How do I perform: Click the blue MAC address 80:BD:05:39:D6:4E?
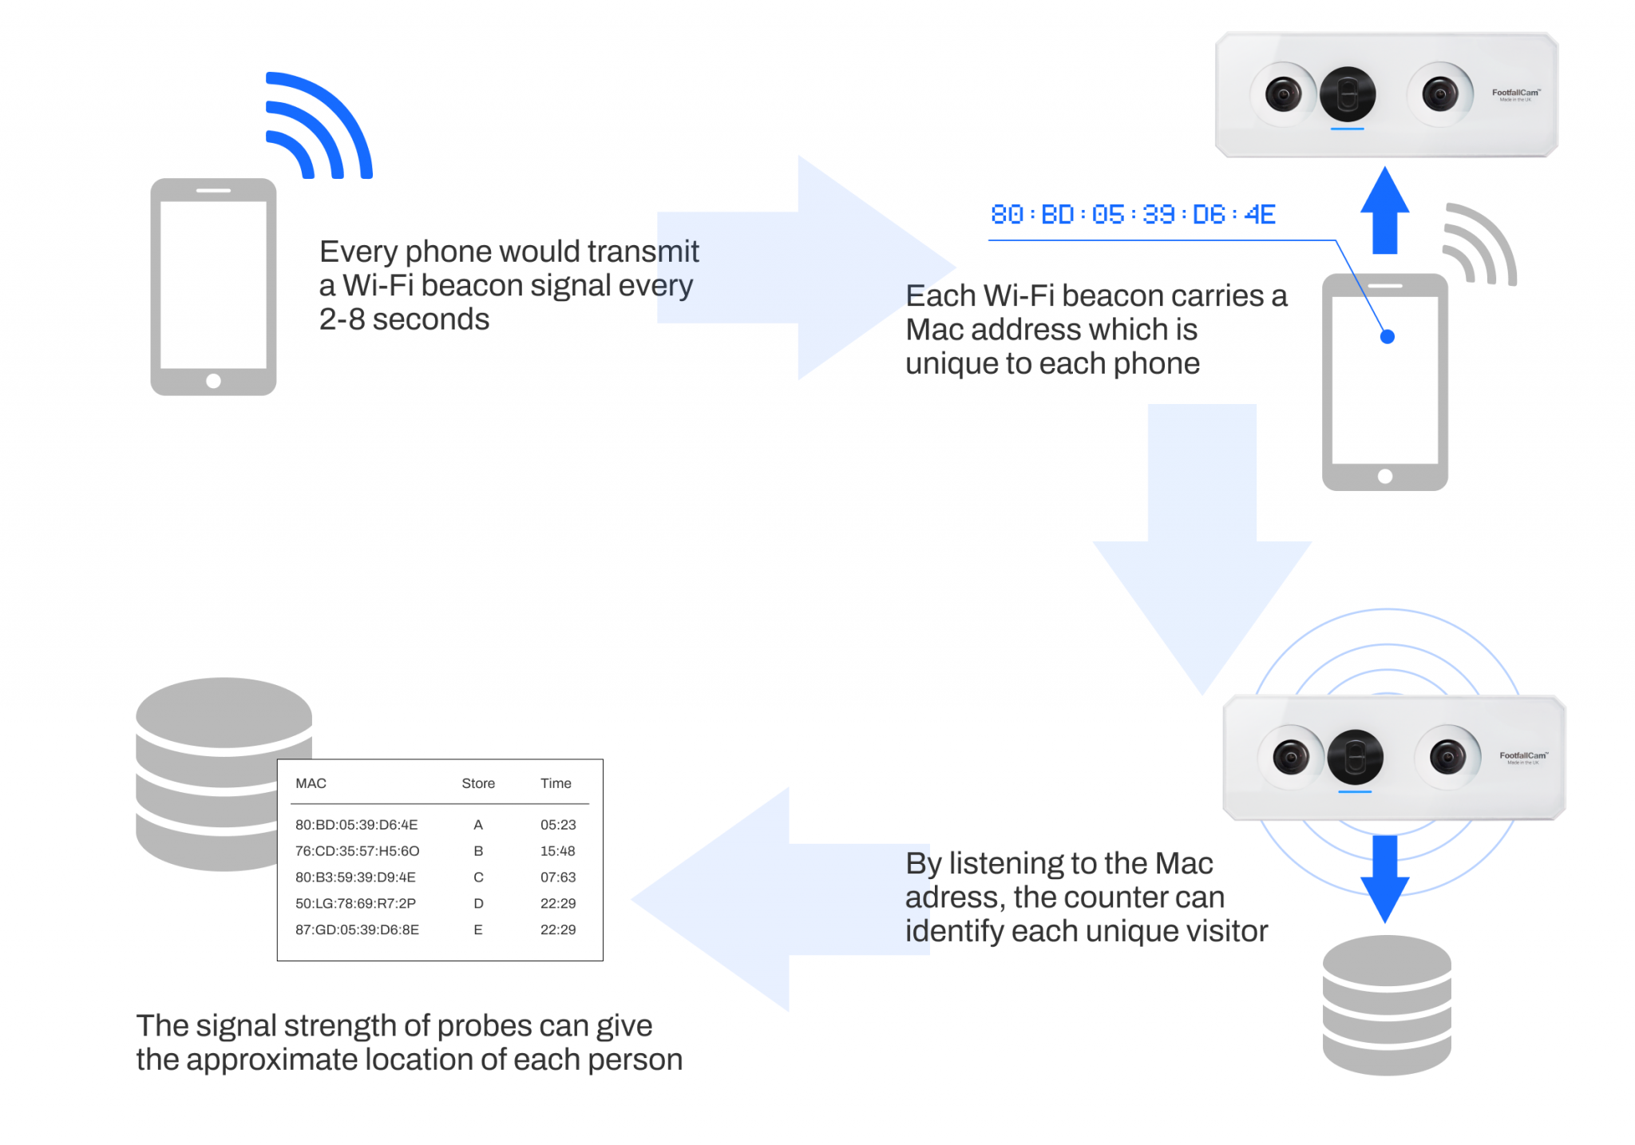(x=1132, y=214)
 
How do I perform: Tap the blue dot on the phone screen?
(x=1387, y=337)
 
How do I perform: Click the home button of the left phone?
(x=213, y=381)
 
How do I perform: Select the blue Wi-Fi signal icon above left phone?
(x=318, y=126)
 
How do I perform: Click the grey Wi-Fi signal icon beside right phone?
(x=1479, y=244)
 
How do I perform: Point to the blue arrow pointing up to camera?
(x=1384, y=211)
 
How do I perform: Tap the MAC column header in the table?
(x=311, y=783)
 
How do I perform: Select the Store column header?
(x=478, y=783)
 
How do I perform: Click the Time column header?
(x=556, y=783)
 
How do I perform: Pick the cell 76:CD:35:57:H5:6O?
(x=357, y=851)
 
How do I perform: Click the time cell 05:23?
(x=558, y=825)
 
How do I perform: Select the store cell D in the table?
(x=478, y=904)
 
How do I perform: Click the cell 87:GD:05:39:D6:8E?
(x=357, y=930)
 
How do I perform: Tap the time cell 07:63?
(x=558, y=878)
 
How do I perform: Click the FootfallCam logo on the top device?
(x=1515, y=94)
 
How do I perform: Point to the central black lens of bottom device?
(x=1355, y=757)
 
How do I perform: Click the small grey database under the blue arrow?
(x=1386, y=1006)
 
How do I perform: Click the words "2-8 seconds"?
(x=404, y=319)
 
